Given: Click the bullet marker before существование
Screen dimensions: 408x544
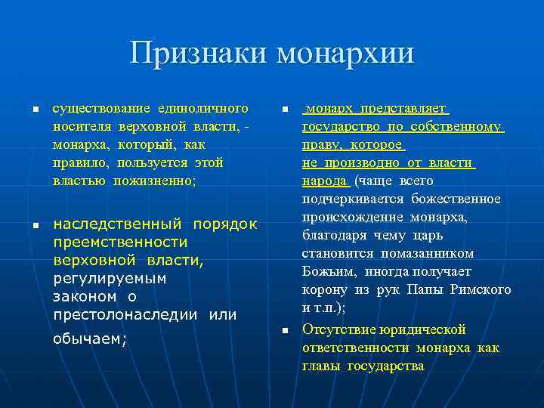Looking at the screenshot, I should pyautogui.click(x=35, y=110).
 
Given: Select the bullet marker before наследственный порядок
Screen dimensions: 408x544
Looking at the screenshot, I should pyautogui.click(x=35, y=227).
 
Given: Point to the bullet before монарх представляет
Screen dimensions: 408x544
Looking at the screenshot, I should pyautogui.click(x=285, y=110).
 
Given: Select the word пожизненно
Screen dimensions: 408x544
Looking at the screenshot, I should pyautogui.click(x=156, y=181).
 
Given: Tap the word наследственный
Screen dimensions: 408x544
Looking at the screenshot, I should pyautogui.click(x=118, y=224).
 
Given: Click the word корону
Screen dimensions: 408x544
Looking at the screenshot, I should pyautogui.click(x=326, y=290).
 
